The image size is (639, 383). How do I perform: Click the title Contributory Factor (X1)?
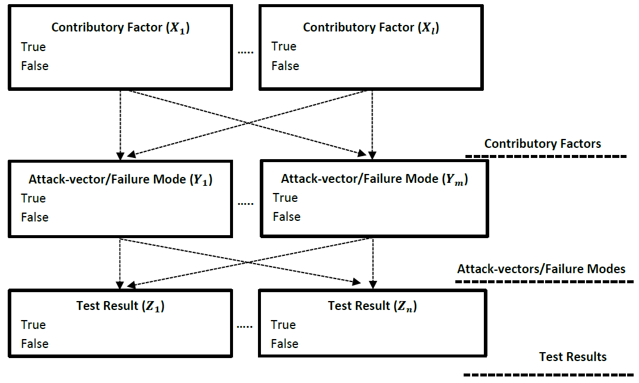[120, 27]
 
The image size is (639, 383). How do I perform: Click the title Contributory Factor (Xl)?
[371, 27]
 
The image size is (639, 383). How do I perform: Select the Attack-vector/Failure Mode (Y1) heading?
[120, 179]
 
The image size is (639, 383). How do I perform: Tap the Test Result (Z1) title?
[120, 306]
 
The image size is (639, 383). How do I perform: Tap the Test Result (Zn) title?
[372, 306]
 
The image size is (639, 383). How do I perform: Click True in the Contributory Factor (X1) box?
[33, 47]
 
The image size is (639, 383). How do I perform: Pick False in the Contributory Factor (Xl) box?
[285, 66]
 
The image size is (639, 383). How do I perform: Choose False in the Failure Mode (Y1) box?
[34, 217]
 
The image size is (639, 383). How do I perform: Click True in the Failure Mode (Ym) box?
[285, 198]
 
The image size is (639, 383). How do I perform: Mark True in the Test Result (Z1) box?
[33, 325]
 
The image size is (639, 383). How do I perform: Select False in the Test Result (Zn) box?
[285, 344]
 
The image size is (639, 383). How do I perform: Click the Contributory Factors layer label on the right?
[542, 144]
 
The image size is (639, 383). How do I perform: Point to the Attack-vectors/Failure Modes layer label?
[541, 269]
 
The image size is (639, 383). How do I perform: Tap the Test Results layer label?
[572, 357]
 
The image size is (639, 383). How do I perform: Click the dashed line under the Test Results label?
[548, 375]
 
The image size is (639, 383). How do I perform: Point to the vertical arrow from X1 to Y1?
[121, 125]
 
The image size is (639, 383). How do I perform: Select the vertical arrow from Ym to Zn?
[372, 261]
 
